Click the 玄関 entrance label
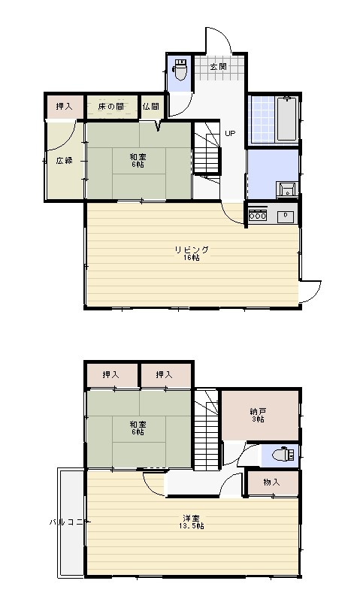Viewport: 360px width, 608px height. tap(219, 67)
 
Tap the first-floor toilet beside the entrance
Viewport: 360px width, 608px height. tap(180, 69)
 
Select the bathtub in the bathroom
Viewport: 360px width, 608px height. tap(287, 118)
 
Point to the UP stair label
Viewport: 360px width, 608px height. tap(230, 133)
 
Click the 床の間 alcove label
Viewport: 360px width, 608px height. tap(111, 106)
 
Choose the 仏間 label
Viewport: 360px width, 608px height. tap(150, 106)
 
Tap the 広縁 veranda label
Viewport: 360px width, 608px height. tap(65, 160)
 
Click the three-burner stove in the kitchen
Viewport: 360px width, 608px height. tap(258, 215)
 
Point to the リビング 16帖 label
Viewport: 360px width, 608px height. tap(192, 253)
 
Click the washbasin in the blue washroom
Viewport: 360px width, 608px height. tap(287, 190)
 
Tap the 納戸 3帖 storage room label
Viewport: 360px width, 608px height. tap(257, 415)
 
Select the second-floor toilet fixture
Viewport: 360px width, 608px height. tap(283, 454)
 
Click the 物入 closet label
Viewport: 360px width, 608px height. tap(271, 482)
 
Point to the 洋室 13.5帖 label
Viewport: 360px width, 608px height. tap(192, 522)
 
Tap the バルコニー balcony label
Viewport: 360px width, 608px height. tap(66, 522)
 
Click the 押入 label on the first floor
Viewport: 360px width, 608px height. tap(65, 106)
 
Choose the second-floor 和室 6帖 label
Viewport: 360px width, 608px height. tap(138, 428)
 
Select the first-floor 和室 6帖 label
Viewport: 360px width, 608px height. tap(138, 161)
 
